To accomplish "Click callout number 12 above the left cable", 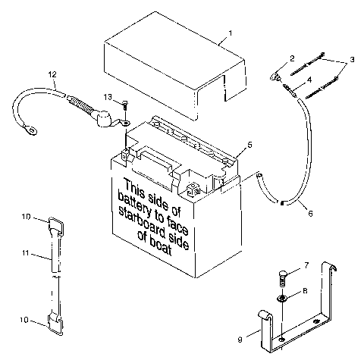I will coord(52,74).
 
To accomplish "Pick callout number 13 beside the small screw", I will coord(108,96).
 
